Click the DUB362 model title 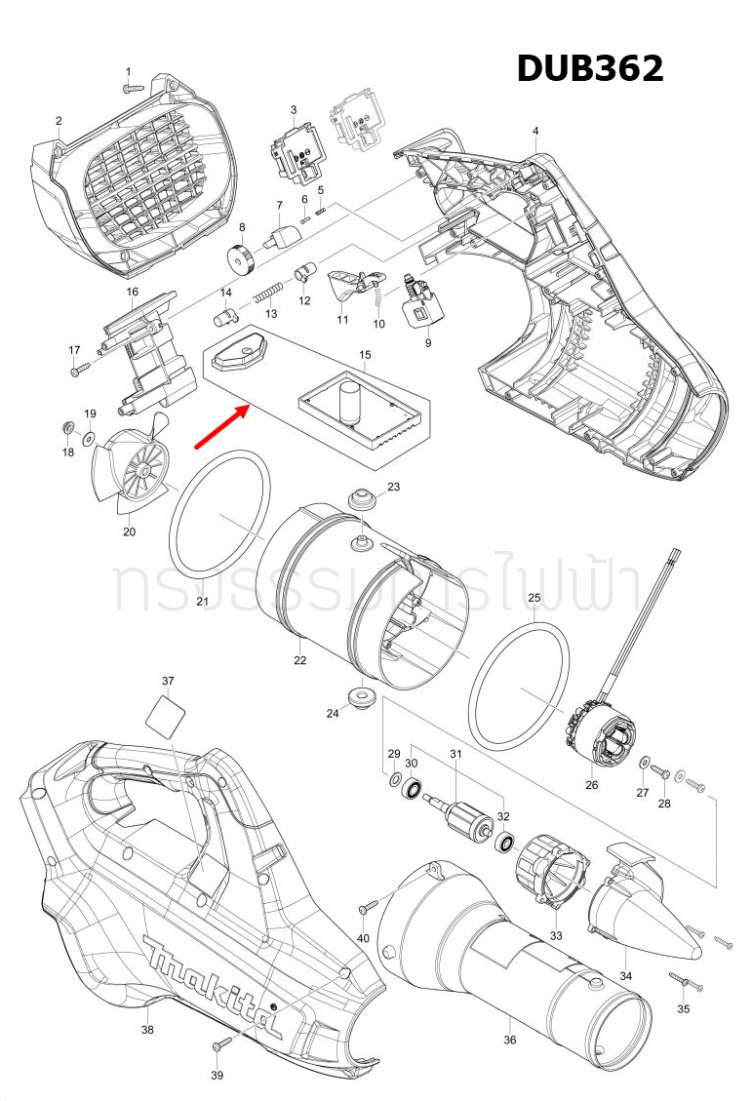(x=589, y=67)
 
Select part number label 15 (x=366, y=355)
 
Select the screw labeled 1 (x=133, y=87)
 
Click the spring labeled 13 (x=268, y=292)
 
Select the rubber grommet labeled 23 (x=363, y=500)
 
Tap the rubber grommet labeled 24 (x=363, y=697)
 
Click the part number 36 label (x=510, y=1040)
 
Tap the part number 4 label (x=535, y=131)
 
